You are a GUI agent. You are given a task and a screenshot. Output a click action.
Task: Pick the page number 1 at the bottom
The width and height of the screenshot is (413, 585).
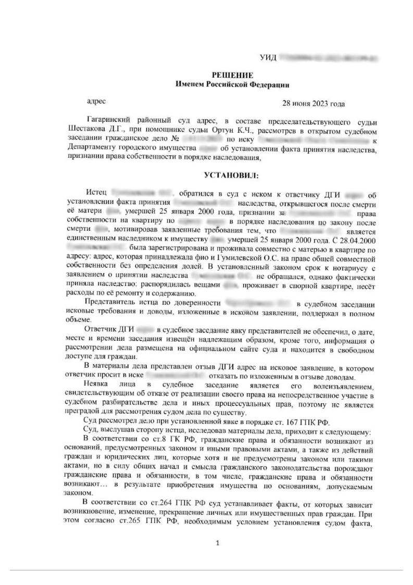[x=217, y=542]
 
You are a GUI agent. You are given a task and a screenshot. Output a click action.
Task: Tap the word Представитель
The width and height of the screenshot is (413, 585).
[x=114, y=303]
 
